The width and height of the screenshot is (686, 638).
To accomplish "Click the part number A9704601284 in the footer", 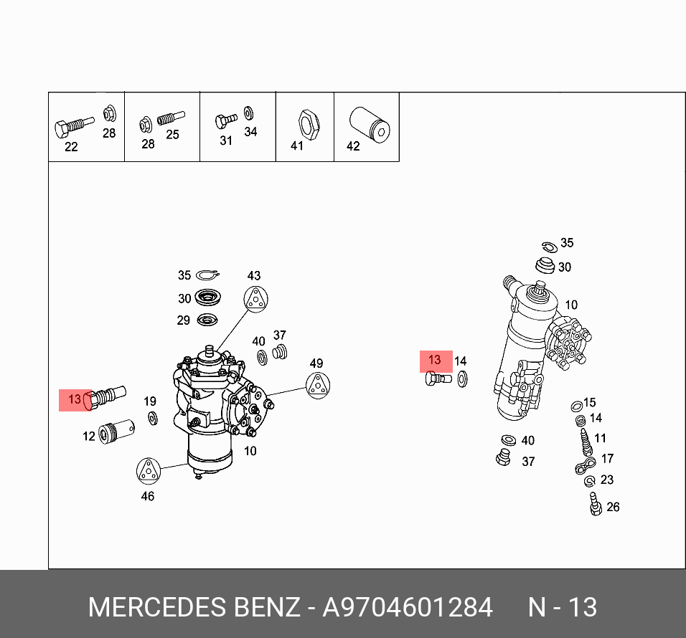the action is point(408,607).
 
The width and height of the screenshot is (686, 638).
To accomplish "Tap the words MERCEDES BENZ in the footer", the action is point(194,607).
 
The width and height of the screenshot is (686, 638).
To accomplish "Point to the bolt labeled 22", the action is point(72,126).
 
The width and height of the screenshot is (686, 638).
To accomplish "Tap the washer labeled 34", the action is point(248,113).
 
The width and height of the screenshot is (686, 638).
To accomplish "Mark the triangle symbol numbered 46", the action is point(148,470).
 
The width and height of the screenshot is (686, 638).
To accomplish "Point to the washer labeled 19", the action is point(152,418).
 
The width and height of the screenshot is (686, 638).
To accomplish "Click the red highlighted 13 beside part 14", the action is point(435,360).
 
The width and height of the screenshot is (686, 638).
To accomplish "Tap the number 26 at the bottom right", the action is point(612,507).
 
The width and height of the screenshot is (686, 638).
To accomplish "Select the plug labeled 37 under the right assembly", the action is point(502,457).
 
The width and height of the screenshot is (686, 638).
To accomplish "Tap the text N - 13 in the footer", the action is point(563,607).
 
